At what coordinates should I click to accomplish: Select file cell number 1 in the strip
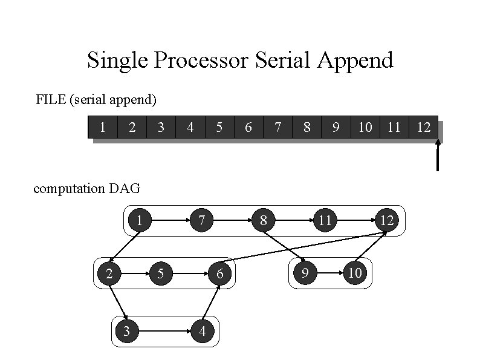[103, 127]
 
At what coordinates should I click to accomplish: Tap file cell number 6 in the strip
[248, 127]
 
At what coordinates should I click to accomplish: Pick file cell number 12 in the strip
[424, 127]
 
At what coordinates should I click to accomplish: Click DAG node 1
[140, 221]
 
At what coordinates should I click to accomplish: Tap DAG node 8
[263, 221]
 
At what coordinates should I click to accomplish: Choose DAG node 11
[325, 221]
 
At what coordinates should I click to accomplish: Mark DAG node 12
[387, 221]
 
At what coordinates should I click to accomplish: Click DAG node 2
[109, 273]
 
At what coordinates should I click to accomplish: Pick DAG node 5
[160, 273]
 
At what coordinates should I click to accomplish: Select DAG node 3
[126, 331]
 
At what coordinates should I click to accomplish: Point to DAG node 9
[305, 273]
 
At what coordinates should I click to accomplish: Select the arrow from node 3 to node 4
[164, 331]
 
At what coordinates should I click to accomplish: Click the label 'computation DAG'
[86, 188]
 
